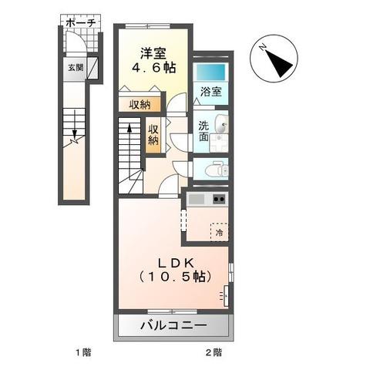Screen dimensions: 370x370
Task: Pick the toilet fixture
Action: point(217,166)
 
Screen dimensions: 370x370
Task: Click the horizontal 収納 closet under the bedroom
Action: point(140,105)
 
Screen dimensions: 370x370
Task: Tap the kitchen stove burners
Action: point(218,200)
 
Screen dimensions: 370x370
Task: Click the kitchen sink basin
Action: point(196,200)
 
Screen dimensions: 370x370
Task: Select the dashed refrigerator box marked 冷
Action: point(220,230)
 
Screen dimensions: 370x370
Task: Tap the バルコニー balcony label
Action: point(173,326)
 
